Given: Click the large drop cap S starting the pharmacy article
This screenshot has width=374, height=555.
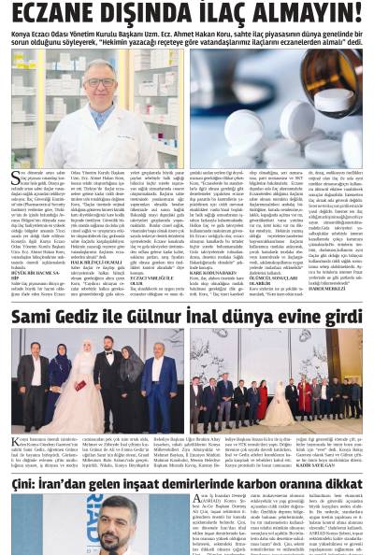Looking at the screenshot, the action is pyautogui.click(x=15, y=177).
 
